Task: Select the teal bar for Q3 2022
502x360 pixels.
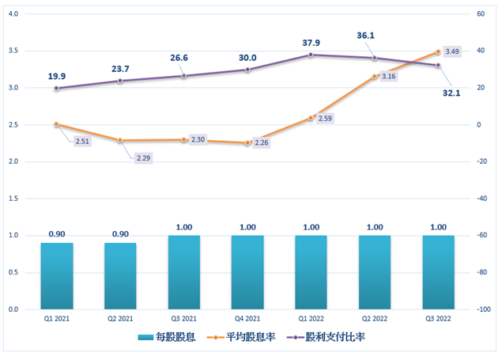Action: (438, 272)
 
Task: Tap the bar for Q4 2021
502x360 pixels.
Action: (247, 272)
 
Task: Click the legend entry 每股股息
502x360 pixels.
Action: (170, 337)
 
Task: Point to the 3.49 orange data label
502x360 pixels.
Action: (453, 51)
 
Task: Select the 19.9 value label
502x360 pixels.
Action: (57, 77)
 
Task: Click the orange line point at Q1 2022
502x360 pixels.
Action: (311, 118)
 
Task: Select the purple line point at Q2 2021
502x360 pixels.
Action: (120, 81)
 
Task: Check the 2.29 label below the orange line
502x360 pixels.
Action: (143, 159)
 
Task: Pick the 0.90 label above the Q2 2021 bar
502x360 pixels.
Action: (120, 233)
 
